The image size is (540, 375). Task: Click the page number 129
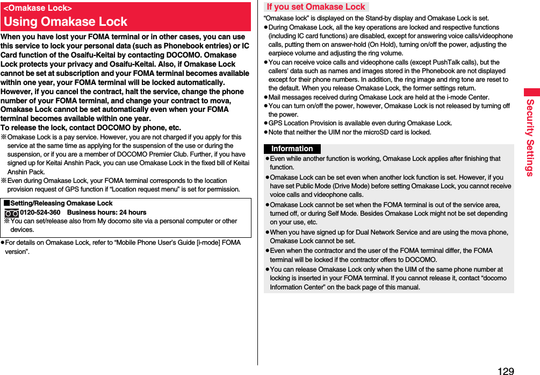coord(506,371)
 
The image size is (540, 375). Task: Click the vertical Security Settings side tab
coord(530,137)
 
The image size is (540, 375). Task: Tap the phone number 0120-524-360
coord(40,213)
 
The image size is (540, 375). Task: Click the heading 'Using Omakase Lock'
coord(66,22)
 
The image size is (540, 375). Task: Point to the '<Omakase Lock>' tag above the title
coord(38,8)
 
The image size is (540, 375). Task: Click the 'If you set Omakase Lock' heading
coord(315,7)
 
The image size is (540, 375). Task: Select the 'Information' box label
coord(292,149)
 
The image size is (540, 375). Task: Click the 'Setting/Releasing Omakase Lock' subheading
coord(61,203)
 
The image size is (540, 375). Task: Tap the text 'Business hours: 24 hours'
coord(106,213)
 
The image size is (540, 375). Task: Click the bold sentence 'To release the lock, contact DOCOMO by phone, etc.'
coord(91,128)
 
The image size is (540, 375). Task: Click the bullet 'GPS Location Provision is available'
coord(360,123)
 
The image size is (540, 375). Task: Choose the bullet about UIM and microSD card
coord(349,132)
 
